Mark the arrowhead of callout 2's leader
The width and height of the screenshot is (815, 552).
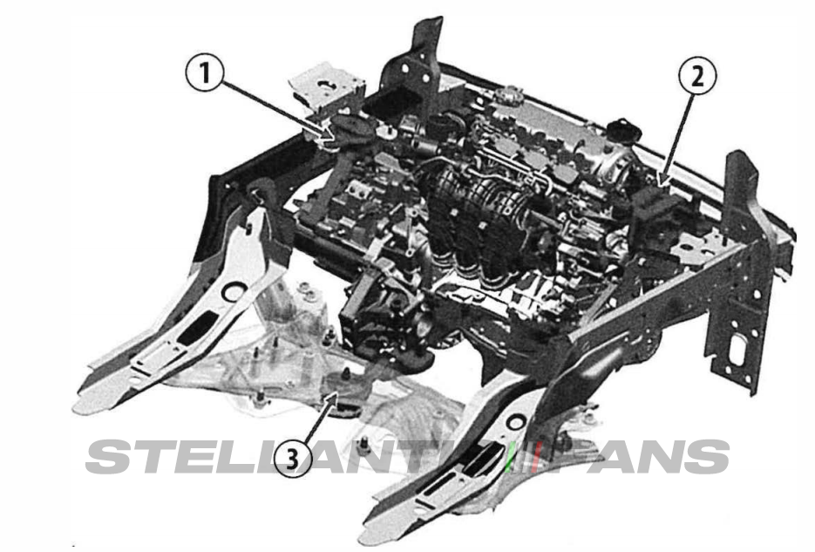pyautogui.click(x=663, y=186)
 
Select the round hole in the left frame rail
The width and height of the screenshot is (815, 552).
pyautogui.click(x=233, y=291)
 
